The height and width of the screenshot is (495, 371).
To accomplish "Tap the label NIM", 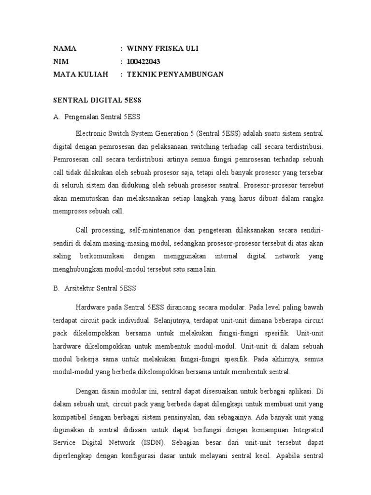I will click(x=60, y=61).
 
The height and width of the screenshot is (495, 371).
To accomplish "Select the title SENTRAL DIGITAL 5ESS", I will click(x=96, y=100).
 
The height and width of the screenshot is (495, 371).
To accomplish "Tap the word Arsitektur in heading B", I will click(x=80, y=289).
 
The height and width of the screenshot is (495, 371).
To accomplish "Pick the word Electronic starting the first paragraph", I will click(x=91, y=133).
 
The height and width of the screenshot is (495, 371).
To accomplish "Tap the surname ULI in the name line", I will click(x=190, y=49).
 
